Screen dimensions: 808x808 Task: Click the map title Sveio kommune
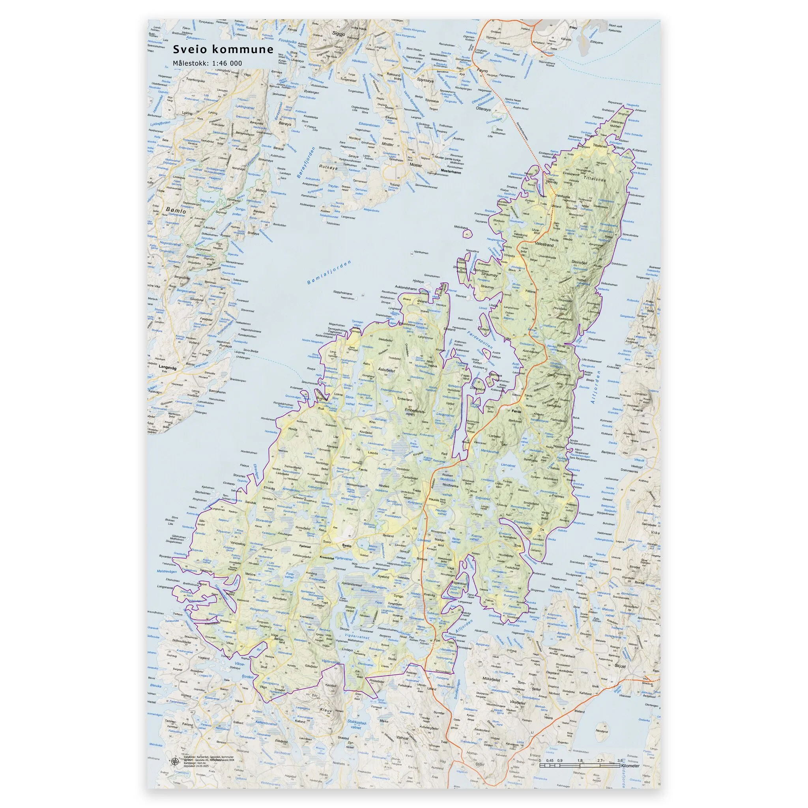[223, 49]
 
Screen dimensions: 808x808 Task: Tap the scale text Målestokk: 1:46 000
[208, 63]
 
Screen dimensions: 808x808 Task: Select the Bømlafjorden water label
[329, 273]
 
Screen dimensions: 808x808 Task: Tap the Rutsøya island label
[328, 166]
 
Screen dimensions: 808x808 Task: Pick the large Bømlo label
[176, 210]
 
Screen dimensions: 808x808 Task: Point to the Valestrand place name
[544, 245]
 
